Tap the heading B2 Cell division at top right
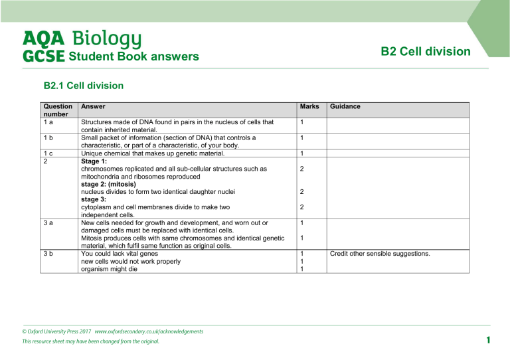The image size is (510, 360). pyautogui.click(x=426, y=51)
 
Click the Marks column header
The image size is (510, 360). pyautogui.click(x=309, y=106)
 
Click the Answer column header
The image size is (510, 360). pyautogui.click(x=92, y=106)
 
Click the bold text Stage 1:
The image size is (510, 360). pyautogui.click(x=93, y=161)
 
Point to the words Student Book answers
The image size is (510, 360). pyautogui.click(x=133, y=56)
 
